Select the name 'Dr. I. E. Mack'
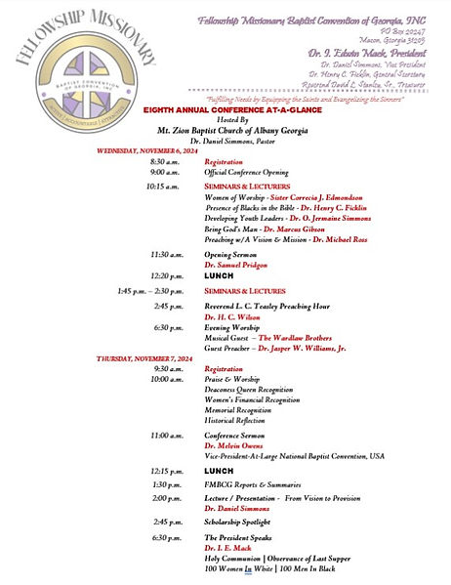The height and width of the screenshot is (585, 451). (x=226, y=549)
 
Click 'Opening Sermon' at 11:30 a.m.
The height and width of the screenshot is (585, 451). (x=231, y=254)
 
